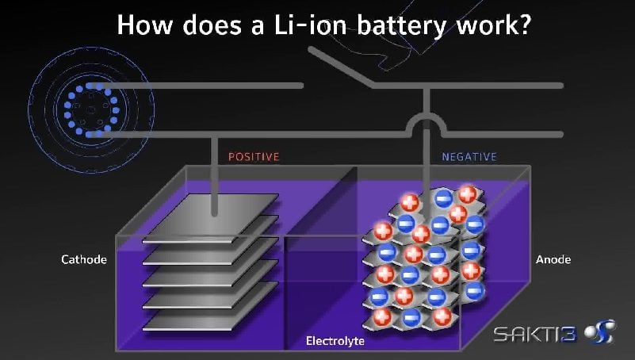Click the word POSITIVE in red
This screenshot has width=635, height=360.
[254, 157]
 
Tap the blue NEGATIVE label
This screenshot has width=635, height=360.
[469, 157]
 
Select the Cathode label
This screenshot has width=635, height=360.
[84, 259]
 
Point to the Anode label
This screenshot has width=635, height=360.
[553, 259]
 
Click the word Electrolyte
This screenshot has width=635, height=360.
[335, 340]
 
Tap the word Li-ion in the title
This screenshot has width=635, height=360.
[310, 25]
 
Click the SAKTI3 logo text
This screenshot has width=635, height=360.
[534, 334]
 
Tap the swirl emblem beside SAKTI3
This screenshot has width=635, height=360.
[600, 332]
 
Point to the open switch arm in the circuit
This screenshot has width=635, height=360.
[341, 67]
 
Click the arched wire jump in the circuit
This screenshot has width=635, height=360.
[427, 121]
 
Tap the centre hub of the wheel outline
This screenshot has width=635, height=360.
[91, 109]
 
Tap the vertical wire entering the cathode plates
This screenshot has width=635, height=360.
[214, 175]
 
